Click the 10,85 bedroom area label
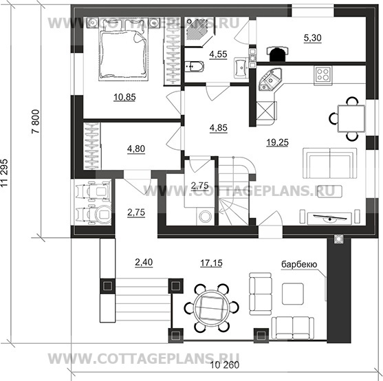[x=124, y=97]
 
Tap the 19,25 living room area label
[x=278, y=142]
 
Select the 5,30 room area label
[x=313, y=38]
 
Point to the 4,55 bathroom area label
[x=218, y=54]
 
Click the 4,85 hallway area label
[x=219, y=128]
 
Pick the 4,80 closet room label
[x=136, y=149]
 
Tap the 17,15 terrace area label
[x=211, y=263]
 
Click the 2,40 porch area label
[x=144, y=262]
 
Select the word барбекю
[x=299, y=264]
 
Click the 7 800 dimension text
[x=36, y=121]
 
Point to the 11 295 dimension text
[x=4, y=173]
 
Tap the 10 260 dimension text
[x=225, y=365]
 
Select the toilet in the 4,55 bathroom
[x=194, y=67]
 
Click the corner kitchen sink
[x=270, y=79]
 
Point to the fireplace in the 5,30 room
[x=277, y=54]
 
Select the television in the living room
[x=330, y=218]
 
